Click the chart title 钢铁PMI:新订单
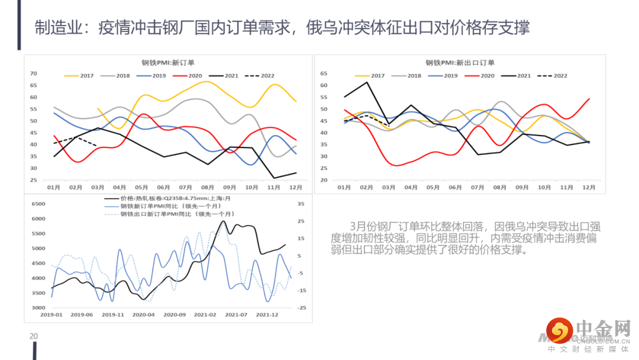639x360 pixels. point(168,62)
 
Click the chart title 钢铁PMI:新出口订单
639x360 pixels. point(460,62)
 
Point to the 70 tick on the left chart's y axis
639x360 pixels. point(33,73)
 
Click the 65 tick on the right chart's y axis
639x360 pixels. point(324,73)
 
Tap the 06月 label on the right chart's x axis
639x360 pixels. point(455,187)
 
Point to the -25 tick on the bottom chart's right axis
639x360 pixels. point(301,308)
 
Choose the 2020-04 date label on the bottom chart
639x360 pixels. point(143,315)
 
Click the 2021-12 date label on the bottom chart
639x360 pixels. point(266,315)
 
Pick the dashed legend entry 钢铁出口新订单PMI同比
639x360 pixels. point(177,214)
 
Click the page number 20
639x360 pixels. point(34,336)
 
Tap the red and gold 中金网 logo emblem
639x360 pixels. point(559,330)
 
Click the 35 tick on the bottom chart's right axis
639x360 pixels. point(301,204)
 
